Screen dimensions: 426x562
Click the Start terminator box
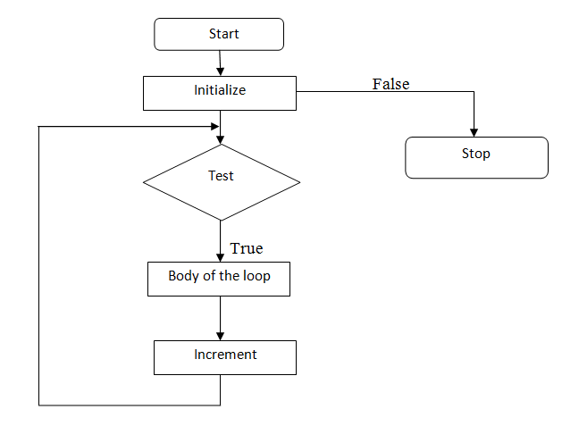point(219,35)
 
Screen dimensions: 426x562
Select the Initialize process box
point(220,92)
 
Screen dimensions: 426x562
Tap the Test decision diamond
point(221,182)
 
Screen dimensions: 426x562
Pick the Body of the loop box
point(219,278)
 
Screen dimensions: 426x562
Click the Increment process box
point(224,356)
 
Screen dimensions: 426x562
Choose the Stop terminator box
point(476,157)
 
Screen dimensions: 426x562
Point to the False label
point(390,84)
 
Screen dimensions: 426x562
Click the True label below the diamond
point(247,248)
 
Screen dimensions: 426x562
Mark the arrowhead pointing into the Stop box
point(474,131)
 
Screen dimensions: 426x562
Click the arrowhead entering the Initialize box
point(220,71)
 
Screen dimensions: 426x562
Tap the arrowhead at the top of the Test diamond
point(220,139)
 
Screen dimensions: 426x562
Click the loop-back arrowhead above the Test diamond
point(214,126)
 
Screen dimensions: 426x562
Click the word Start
point(224,35)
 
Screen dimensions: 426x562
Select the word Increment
point(225,355)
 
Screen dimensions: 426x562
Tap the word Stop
point(475,154)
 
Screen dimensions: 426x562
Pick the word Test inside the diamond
point(221,176)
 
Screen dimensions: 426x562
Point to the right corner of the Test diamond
point(299,182)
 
